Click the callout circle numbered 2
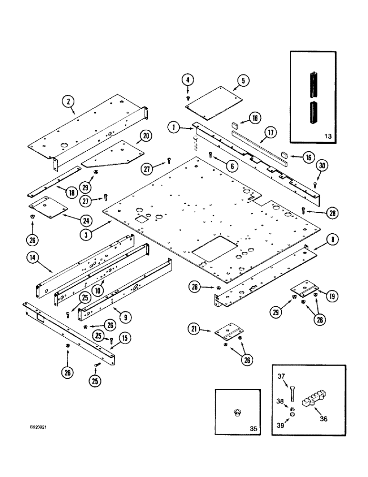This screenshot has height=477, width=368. tap(69, 101)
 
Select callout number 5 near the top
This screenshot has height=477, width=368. tap(243, 81)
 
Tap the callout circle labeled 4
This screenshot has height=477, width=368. tap(188, 80)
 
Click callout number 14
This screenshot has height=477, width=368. tap(32, 259)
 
